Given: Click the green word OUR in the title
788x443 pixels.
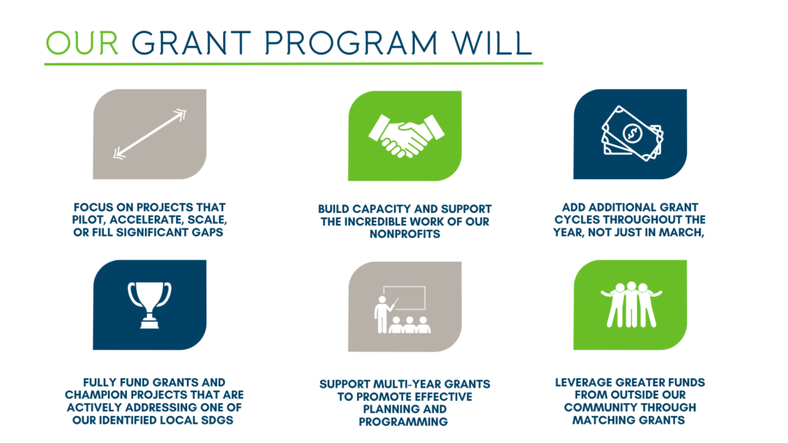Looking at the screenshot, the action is (x=82, y=43).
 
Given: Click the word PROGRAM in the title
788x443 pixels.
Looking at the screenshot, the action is (x=351, y=43).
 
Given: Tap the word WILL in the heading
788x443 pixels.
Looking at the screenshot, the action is (x=492, y=43).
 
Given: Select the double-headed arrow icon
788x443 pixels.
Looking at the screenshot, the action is (x=150, y=134).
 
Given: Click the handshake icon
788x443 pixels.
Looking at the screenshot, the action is (x=406, y=135).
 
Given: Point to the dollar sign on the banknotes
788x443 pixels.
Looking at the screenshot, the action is (x=633, y=133).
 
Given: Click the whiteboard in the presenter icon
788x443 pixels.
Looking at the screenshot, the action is (x=405, y=298).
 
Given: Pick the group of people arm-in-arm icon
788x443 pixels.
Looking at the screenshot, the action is (x=631, y=305).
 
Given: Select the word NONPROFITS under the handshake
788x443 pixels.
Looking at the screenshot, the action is (x=405, y=234).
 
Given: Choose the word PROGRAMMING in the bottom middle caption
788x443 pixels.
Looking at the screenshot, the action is (x=403, y=422).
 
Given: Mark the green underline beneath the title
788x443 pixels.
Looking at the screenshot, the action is (x=293, y=64).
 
